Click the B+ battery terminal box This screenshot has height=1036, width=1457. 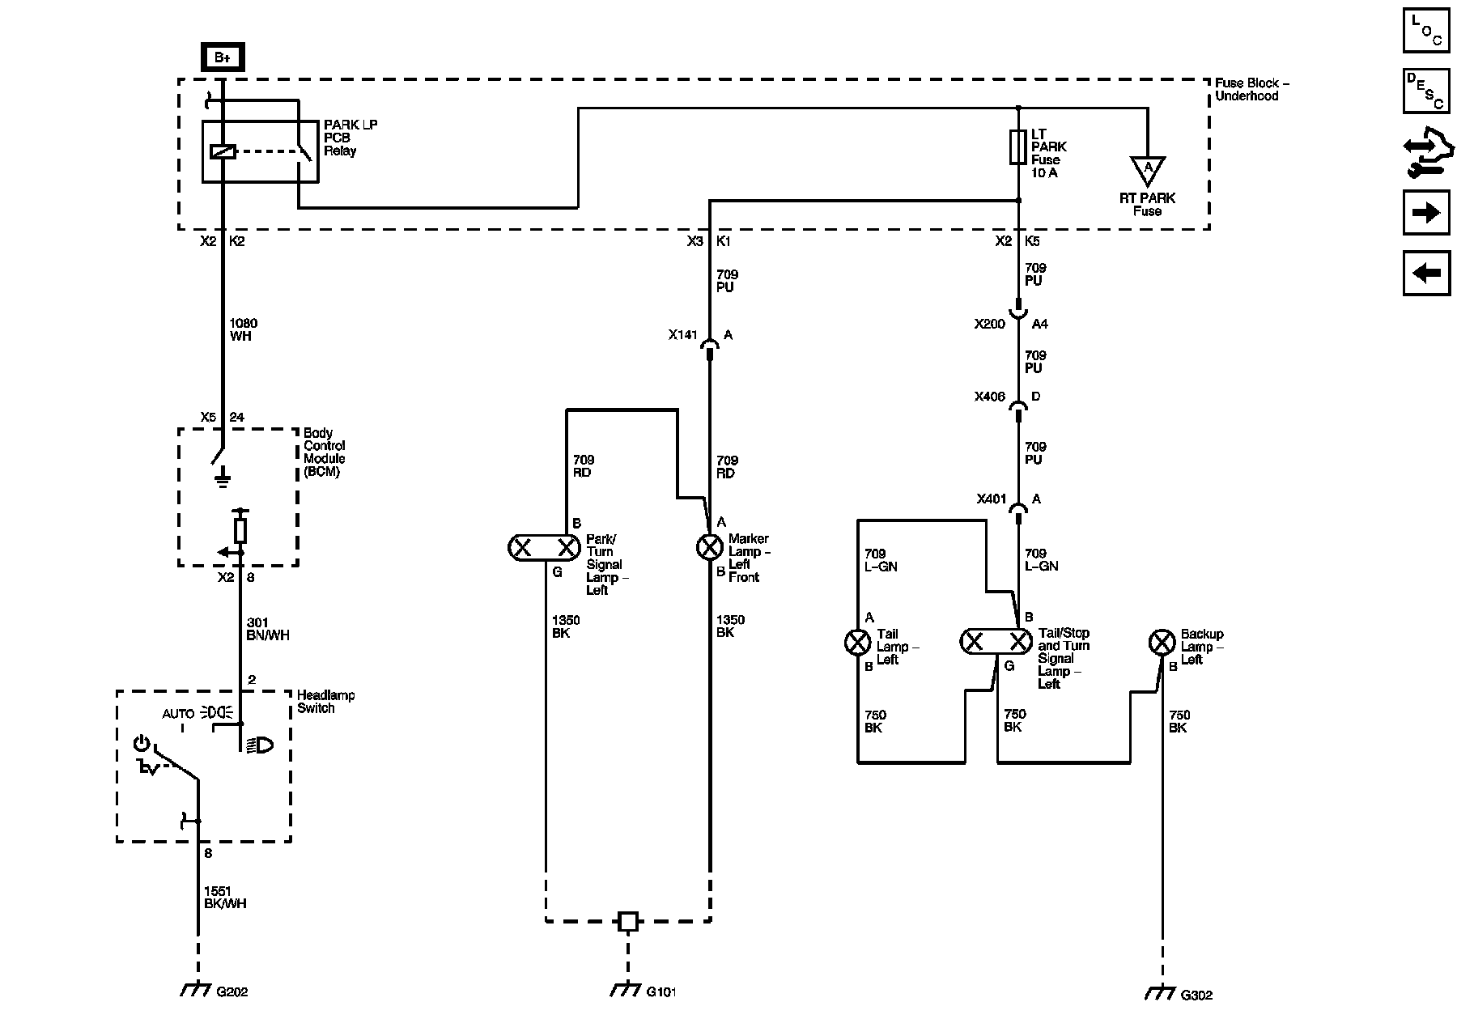(x=223, y=57)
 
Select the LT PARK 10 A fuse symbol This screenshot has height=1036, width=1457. (x=1018, y=147)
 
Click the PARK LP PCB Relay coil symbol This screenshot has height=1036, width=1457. (x=223, y=151)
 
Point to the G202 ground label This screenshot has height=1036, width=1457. (x=232, y=992)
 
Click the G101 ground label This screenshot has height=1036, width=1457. (x=661, y=991)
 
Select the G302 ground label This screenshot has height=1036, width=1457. (x=1196, y=995)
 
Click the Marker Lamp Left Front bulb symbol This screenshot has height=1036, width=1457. (x=710, y=548)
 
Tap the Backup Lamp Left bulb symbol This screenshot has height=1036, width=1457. (x=1162, y=643)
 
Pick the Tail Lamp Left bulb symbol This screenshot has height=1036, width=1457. (x=857, y=643)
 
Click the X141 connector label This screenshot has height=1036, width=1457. (x=682, y=335)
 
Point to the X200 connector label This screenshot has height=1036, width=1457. (x=990, y=324)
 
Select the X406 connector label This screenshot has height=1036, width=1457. (x=990, y=397)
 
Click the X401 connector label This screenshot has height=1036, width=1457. (x=991, y=499)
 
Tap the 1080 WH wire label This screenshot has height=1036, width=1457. (x=243, y=329)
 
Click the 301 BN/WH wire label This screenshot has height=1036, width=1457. (x=267, y=629)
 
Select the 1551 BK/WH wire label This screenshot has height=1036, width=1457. (x=225, y=897)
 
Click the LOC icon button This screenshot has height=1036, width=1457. (x=1426, y=31)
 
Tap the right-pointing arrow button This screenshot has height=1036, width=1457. (x=1426, y=212)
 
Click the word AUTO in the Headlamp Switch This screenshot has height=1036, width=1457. (x=178, y=714)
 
